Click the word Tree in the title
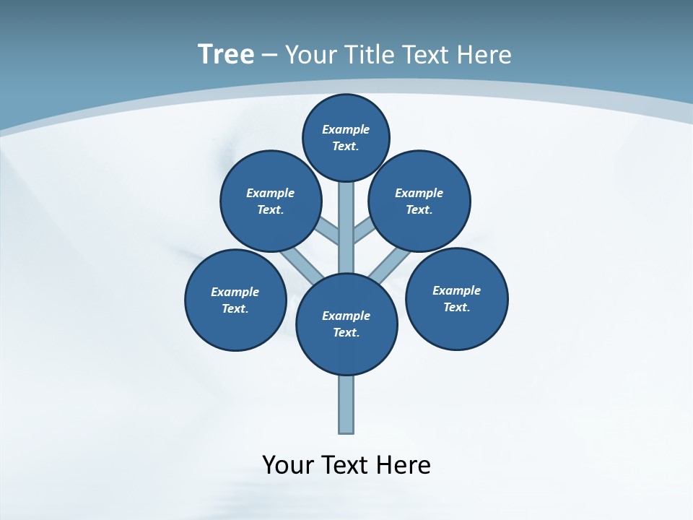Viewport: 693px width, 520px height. [226, 54]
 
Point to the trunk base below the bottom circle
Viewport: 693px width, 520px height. [346, 404]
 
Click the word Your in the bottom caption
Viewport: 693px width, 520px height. [288, 465]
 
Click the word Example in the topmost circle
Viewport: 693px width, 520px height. [346, 129]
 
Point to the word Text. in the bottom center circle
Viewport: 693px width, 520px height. [346, 332]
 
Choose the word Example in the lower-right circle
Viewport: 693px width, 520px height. [456, 290]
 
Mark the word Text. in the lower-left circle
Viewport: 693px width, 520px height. [235, 308]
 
